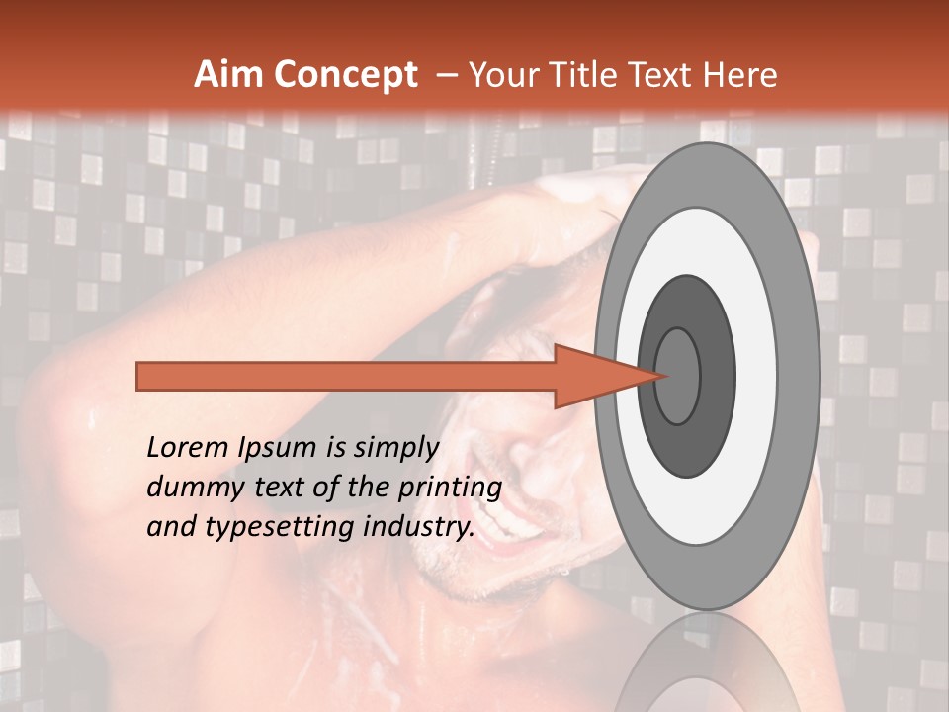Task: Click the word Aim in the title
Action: pyautogui.click(x=226, y=75)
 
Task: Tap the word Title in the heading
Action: pyautogui.click(x=585, y=75)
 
